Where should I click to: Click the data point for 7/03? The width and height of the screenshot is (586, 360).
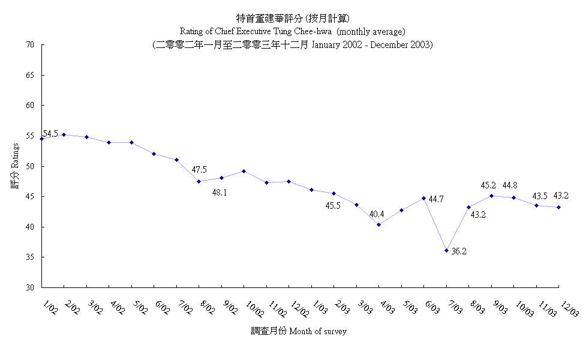click(x=446, y=250)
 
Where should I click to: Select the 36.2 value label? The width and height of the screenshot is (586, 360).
click(x=459, y=251)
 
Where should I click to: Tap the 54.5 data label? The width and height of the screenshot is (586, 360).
click(x=50, y=134)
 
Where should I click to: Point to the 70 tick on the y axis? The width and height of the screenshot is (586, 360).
click(x=29, y=44)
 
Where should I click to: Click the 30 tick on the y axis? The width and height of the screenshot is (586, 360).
click(x=29, y=287)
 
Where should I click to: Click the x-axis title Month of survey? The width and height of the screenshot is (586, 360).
click(x=298, y=331)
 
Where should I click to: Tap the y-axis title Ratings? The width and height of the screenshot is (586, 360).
click(x=15, y=172)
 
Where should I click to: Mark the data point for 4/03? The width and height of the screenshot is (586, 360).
click(x=378, y=224)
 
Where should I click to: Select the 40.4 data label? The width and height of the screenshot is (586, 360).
click(x=377, y=214)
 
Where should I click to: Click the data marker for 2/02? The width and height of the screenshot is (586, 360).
click(x=64, y=134)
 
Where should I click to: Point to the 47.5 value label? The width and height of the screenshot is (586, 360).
click(x=199, y=170)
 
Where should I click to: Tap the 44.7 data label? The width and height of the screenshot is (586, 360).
click(x=435, y=199)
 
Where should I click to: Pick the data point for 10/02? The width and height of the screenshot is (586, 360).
click(x=244, y=171)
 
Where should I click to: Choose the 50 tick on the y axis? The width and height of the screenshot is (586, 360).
click(x=29, y=166)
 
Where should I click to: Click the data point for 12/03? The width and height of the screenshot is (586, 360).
click(x=559, y=208)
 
